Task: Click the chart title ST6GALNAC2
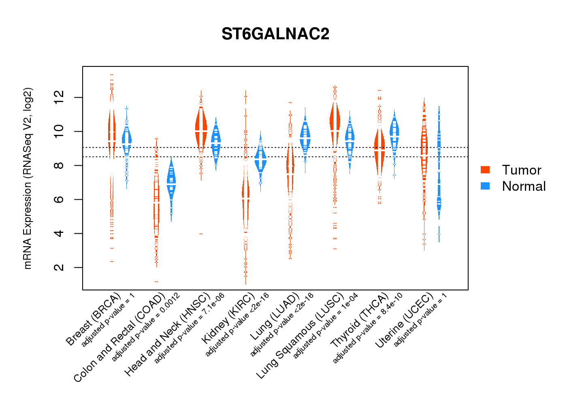[275, 34]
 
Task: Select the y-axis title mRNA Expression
[28, 178]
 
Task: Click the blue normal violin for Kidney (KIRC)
[260, 160]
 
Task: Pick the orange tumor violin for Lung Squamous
[335, 122]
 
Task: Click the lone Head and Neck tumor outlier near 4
[201, 234]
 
